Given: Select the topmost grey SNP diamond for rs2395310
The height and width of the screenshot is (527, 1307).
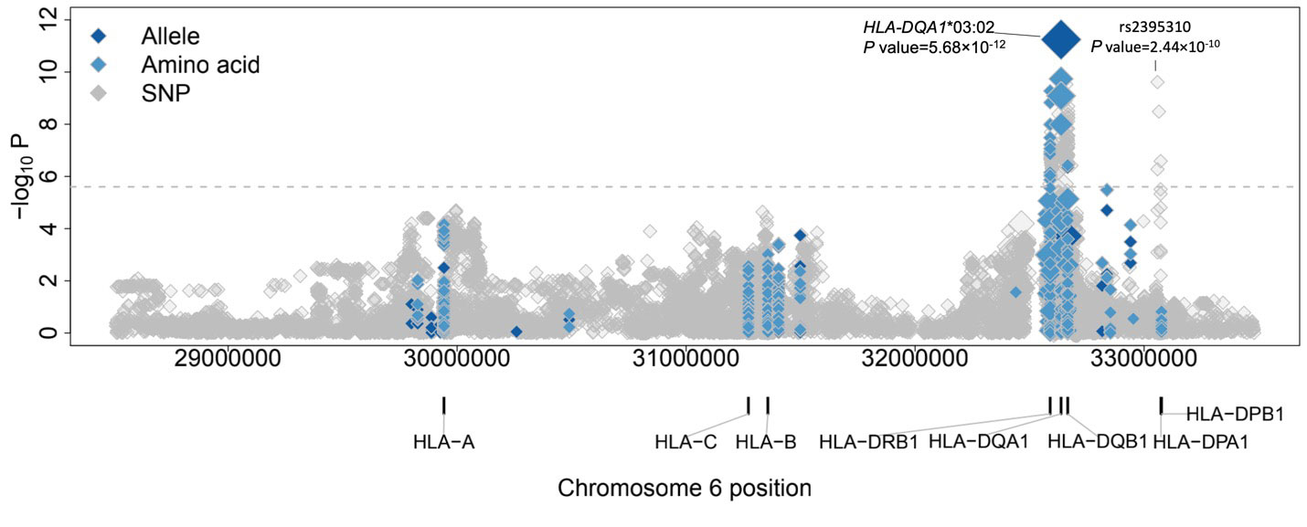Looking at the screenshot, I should coord(1157,82).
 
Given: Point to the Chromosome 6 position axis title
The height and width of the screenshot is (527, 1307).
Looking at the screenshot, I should coord(685,488).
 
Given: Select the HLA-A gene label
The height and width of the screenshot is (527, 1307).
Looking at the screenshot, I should coord(444,443).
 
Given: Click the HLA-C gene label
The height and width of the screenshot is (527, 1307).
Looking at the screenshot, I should coord(685,443).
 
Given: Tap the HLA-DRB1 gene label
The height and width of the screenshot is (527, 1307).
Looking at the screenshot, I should coord(868,443).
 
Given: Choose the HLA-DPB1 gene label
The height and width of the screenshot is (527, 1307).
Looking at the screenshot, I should coord(1235,415).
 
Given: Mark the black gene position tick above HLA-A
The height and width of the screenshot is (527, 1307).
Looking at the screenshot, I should coord(444,405).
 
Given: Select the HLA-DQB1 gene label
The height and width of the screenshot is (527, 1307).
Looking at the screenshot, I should coord(1097,443).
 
